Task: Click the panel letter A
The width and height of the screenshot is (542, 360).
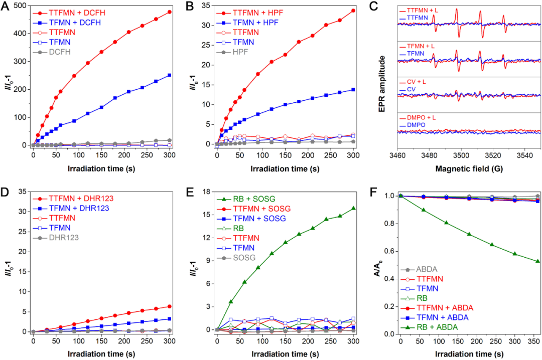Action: tap(7, 7)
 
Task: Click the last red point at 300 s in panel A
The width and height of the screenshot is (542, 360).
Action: tap(170, 12)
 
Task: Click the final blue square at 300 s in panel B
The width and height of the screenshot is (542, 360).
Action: tap(353, 89)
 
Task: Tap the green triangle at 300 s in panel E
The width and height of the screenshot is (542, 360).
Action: tap(353, 208)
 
